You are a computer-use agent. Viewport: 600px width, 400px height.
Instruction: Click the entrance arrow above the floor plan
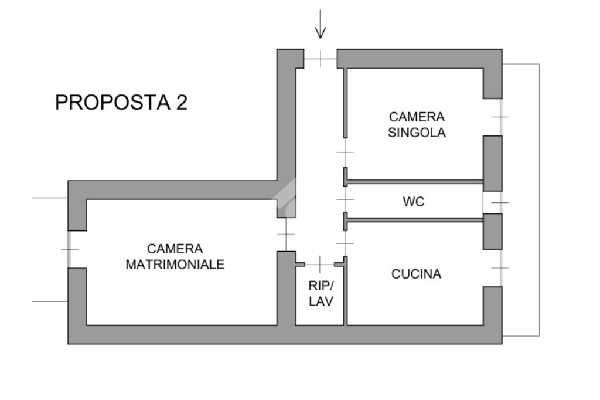(x=320, y=25)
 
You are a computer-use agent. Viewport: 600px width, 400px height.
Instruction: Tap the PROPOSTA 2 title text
(x=121, y=103)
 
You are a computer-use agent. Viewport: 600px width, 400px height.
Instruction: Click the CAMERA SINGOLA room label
(x=417, y=125)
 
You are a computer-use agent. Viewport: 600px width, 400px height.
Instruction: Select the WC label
(x=414, y=202)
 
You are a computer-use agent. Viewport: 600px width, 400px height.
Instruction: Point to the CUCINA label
(x=417, y=274)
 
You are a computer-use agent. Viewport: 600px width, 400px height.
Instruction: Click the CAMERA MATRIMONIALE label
(x=175, y=257)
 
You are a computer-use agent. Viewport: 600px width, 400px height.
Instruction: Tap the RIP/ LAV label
(x=321, y=294)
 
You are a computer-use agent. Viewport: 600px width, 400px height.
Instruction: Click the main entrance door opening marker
(x=321, y=59)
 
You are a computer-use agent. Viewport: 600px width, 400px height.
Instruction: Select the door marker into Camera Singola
(x=346, y=152)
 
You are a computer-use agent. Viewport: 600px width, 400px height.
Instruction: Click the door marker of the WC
(x=346, y=200)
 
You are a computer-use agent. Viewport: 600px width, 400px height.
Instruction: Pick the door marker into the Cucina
(x=346, y=242)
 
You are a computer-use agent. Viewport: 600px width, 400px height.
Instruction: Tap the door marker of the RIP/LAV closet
(x=320, y=264)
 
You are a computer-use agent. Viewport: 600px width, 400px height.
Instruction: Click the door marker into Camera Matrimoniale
(x=286, y=234)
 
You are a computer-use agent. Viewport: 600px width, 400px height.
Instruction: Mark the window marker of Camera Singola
(x=500, y=117)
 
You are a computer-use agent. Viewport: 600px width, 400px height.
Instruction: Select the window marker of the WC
(x=500, y=202)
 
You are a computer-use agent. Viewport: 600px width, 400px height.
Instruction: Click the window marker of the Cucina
(x=500, y=268)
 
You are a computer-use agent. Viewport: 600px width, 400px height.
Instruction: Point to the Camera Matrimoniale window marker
(x=69, y=249)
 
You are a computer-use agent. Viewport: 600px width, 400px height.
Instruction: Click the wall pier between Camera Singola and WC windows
(x=492, y=163)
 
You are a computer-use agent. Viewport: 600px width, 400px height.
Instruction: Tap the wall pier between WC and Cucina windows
(x=492, y=231)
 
